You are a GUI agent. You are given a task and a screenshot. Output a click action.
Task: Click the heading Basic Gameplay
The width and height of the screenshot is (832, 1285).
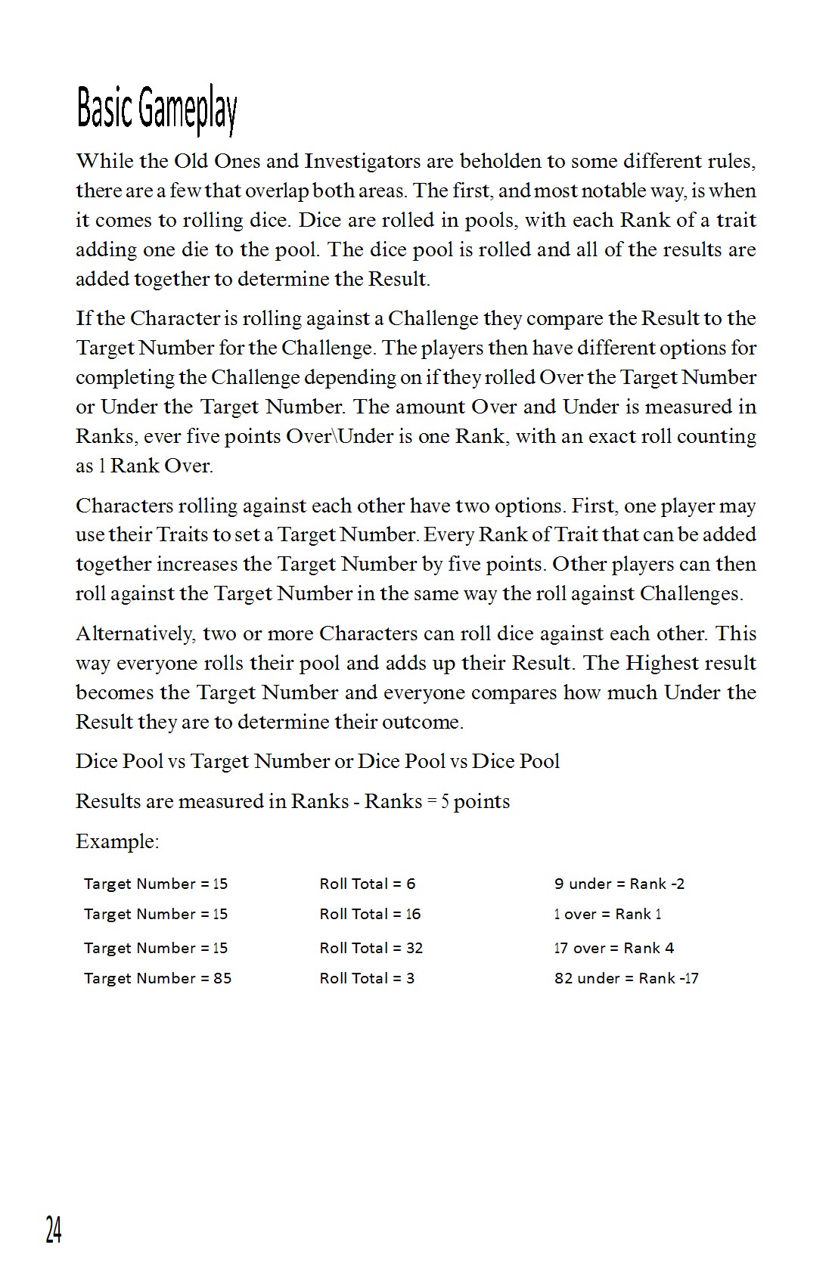point(157,110)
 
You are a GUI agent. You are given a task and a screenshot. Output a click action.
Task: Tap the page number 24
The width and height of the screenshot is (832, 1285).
point(53,1230)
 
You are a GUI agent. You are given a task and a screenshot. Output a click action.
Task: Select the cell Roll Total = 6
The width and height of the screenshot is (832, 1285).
point(367,884)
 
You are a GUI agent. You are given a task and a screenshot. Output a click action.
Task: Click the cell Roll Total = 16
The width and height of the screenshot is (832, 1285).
point(370,914)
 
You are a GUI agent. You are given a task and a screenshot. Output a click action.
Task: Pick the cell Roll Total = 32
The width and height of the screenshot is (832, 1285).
point(371,948)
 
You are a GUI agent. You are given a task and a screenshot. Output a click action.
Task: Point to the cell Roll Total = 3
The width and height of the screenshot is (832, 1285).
point(367,978)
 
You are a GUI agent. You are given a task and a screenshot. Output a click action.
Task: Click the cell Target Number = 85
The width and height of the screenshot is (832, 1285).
point(157,978)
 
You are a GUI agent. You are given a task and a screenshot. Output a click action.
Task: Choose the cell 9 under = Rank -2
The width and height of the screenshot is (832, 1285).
point(619,884)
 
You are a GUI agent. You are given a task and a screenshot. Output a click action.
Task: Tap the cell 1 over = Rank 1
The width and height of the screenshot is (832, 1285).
point(607,914)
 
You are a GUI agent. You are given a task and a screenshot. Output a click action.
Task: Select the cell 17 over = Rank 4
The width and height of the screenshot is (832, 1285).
point(613,948)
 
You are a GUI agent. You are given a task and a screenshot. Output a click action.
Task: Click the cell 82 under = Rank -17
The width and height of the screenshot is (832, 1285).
point(626,978)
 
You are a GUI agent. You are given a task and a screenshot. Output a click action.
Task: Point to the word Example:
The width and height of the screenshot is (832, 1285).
point(117,841)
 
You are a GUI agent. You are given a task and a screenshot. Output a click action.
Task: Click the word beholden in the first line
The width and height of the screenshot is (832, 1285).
point(499,161)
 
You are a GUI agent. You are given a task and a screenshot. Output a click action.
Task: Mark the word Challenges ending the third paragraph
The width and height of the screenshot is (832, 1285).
point(691,593)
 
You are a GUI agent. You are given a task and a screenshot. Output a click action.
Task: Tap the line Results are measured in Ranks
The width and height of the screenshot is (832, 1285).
point(293,801)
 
